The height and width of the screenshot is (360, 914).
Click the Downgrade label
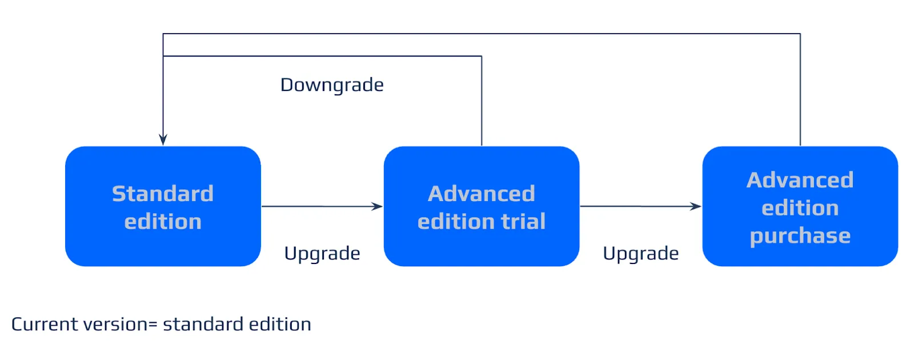coord(332,85)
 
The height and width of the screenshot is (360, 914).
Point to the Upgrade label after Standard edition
coord(322,253)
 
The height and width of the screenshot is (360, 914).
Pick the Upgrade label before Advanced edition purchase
coord(641,253)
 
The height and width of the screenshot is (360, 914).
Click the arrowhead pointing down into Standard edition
coord(163,140)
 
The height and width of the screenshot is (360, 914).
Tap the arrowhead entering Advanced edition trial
coord(378,206)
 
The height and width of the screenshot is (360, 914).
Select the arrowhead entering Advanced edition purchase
coord(696,206)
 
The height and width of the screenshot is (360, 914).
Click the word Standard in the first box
coord(163,194)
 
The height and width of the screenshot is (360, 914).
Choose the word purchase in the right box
coord(800,235)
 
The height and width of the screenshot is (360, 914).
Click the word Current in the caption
coord(45,324)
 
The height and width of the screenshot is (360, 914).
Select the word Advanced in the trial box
coord(482,194)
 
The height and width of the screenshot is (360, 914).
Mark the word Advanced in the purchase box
coord(800,180)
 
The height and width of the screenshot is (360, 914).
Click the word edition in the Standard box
coord(163,221)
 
